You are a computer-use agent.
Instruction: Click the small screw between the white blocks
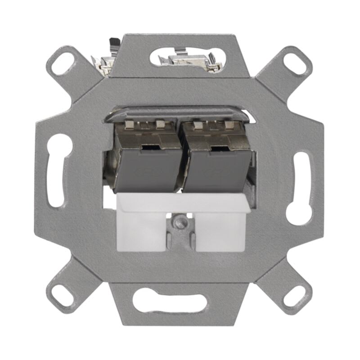[180, 220]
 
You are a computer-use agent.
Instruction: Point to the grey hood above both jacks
[180, 113]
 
